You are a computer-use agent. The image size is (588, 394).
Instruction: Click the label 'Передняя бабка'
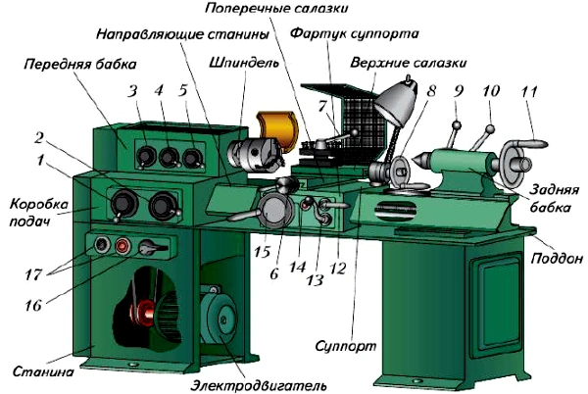click(x=80, y=64)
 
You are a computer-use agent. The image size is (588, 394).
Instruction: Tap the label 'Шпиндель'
click(x=244, y=62)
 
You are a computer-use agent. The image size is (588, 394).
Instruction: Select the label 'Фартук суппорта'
click(x=355, y=33)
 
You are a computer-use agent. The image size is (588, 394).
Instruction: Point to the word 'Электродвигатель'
click(x=259, y=384)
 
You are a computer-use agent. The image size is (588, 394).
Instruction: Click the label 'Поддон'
click(x=557, y=258)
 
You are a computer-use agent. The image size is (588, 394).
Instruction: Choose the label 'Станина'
click(x=43, y=371)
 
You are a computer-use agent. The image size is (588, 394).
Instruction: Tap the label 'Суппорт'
click(x=345, y=345)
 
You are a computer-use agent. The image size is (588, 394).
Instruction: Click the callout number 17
click(x=33, y=274)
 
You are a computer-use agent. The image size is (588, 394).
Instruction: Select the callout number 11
click(x=529, y=91)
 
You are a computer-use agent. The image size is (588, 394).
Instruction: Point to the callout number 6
click(x=274, y=273)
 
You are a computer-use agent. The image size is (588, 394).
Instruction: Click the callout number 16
click(x=33, y=305)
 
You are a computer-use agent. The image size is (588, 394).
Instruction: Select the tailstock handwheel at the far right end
click(x=511, y=162)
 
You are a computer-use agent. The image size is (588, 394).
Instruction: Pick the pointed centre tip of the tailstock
click(x=416, y=160)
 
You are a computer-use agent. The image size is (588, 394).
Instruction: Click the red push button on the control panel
click(x=122, y=246)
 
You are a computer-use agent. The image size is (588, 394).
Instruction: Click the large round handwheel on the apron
click(x=274, y=211)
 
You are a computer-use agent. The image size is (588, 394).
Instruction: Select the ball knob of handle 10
click(x=490, y=129)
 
